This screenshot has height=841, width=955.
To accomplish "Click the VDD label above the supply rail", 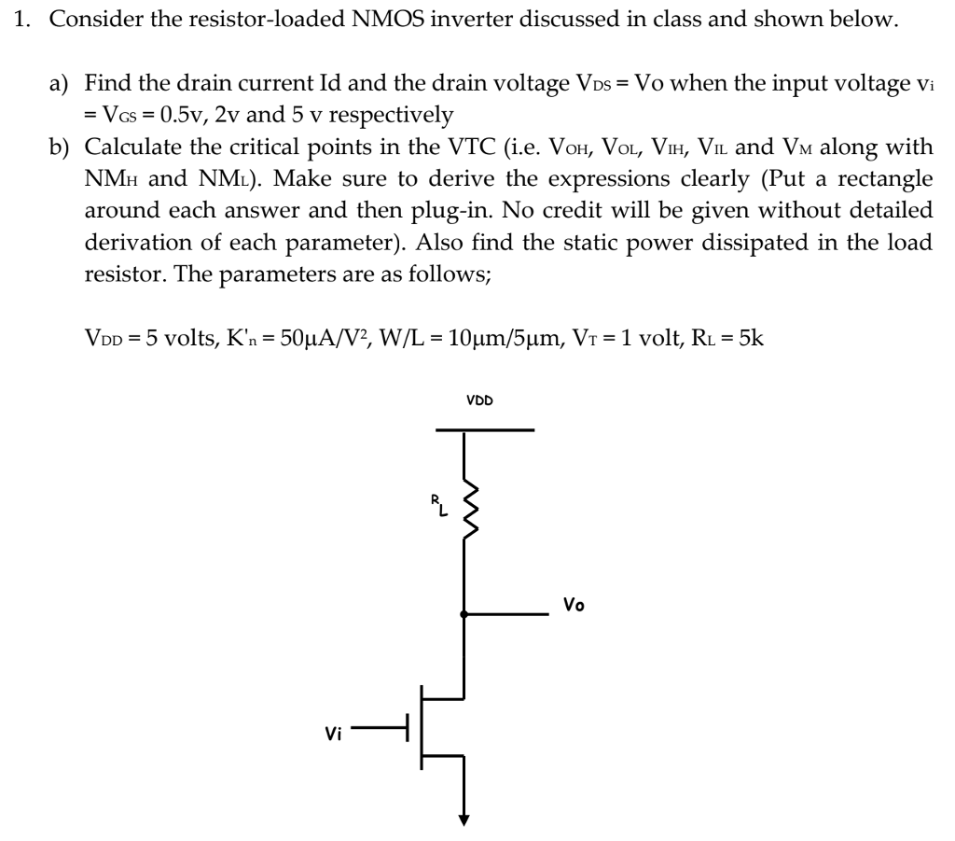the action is click(x=479, y=400).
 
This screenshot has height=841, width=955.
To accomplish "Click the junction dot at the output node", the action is click(x=464, y=613).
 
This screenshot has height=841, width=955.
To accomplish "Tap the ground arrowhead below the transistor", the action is click(x=464, y=821).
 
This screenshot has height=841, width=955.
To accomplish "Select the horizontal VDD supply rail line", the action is click(x=485, y=430).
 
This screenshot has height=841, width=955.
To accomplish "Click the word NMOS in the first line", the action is click(x=388, y=20).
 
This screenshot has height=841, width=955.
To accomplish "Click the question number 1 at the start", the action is click(x=24, y=20).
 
